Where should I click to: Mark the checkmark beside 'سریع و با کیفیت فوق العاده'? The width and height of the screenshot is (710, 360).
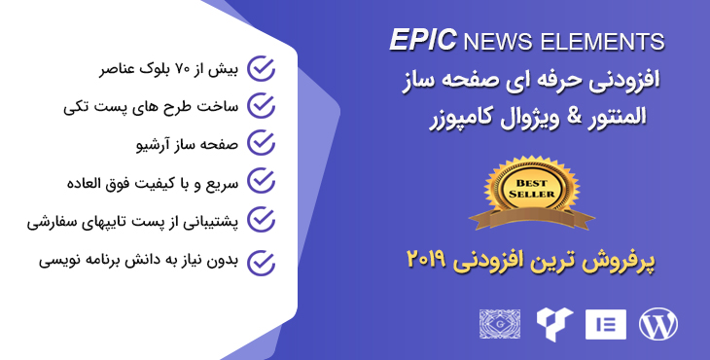261,180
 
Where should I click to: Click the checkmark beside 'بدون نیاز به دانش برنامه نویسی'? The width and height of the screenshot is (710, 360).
261,262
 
